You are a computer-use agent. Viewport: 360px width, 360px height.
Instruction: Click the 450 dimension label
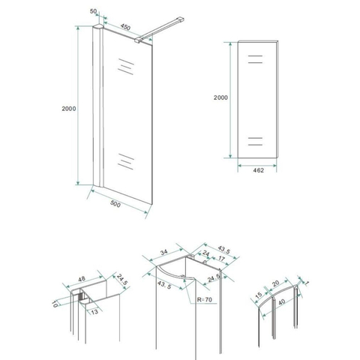click(x=125, y=27)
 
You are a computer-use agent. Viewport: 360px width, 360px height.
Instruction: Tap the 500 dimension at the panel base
click(x=115, y=204)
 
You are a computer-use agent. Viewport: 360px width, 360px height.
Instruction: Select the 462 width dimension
click(x=258, y=170)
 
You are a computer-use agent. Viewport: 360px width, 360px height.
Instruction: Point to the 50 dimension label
click(x=93, y=11)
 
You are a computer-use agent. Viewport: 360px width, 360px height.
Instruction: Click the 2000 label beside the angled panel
click(x=69, y=109)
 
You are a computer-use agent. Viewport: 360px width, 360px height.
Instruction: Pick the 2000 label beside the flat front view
click(x=220, y=97)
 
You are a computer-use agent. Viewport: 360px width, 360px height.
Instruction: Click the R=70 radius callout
click(x=205, y=299)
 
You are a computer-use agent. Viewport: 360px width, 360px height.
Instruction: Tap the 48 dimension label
click(x=82, y=279)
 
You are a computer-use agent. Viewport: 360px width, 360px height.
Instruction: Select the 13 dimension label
click(x=94, y=312)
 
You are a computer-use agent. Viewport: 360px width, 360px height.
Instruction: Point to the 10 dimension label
click(x=55, y=304)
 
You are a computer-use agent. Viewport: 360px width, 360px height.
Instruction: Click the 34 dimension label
click(x=163, y=253)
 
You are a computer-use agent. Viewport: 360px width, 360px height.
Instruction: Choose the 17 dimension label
click(x=221, y=259)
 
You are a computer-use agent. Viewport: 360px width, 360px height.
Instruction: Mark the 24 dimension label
click(x=205, y=253)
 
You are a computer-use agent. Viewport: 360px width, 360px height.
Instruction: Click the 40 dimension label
click(x=281, y=302)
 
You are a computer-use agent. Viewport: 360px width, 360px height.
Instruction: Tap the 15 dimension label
click(x=259, y=295)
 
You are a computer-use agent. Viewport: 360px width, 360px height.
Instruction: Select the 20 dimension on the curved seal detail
click(x=275, y=283)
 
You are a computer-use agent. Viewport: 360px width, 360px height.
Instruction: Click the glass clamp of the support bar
click(x=138, y=40)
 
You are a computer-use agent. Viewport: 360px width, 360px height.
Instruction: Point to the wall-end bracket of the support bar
click(x=181, y=19)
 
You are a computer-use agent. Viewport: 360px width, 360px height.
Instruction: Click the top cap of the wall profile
click(x=97, y=26)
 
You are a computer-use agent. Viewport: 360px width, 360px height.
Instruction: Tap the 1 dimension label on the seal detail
click(x=307, y=283)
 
